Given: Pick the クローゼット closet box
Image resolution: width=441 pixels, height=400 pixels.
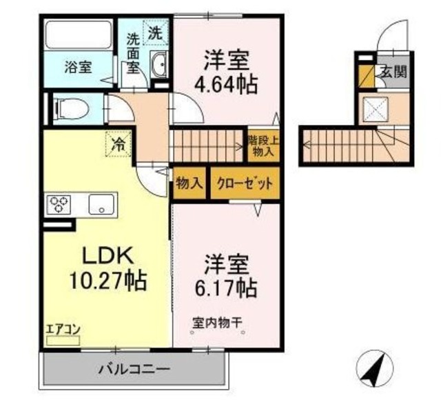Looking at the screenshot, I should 245,184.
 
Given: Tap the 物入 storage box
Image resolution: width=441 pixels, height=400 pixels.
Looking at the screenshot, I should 189,184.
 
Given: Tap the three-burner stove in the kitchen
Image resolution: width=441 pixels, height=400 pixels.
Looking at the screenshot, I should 59,204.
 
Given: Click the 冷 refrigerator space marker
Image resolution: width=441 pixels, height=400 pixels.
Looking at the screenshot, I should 119,145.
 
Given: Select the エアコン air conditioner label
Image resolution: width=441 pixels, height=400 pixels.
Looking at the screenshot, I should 63,329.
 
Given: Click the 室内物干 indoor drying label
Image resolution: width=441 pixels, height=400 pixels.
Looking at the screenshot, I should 217,322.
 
